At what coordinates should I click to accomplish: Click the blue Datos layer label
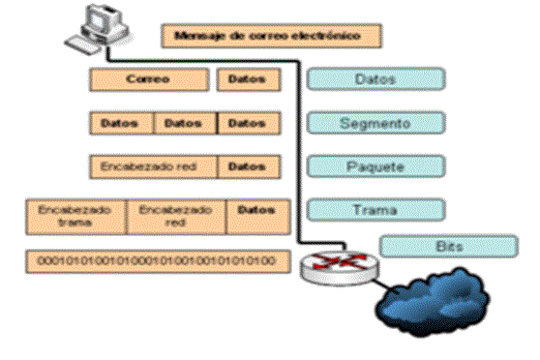375,78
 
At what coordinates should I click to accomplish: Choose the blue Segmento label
375,123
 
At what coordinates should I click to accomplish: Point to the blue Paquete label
375,166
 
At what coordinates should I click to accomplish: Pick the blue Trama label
375,209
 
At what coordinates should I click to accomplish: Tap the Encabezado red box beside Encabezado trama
175,216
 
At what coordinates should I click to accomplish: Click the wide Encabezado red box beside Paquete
152,166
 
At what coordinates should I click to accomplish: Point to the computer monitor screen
100,17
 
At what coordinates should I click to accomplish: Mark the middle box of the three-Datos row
185,124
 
